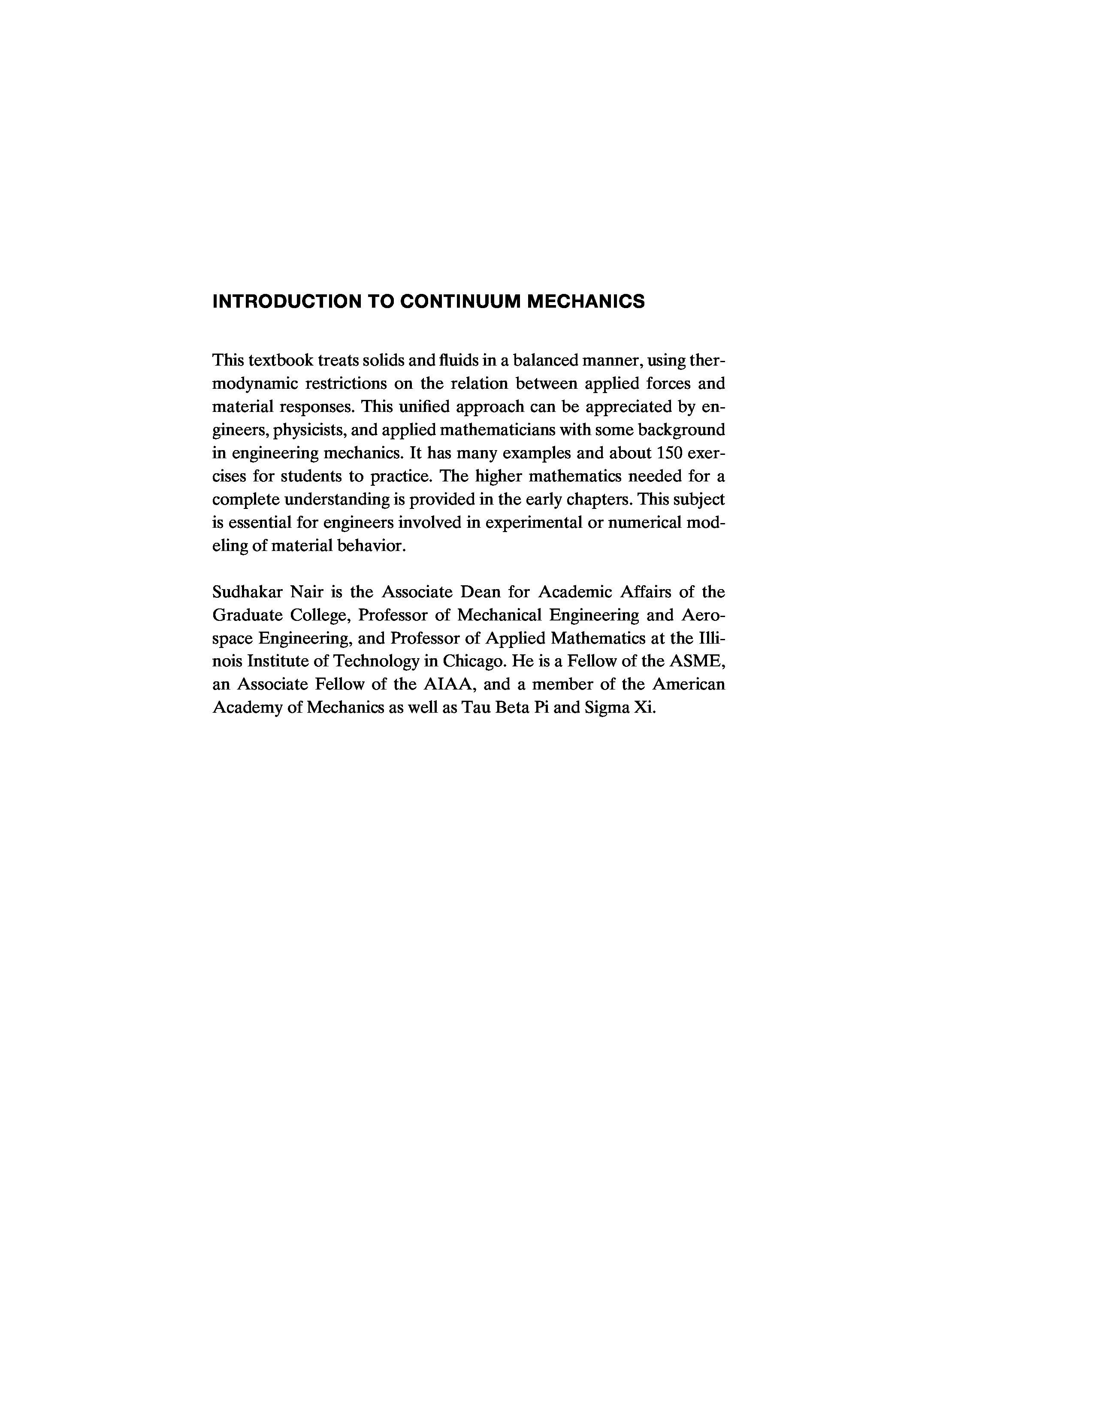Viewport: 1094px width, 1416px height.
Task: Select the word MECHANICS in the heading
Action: pyautogui.click(x=586, y=302)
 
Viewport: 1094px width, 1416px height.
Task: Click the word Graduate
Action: pyautogui.click(x=245, y=615)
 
